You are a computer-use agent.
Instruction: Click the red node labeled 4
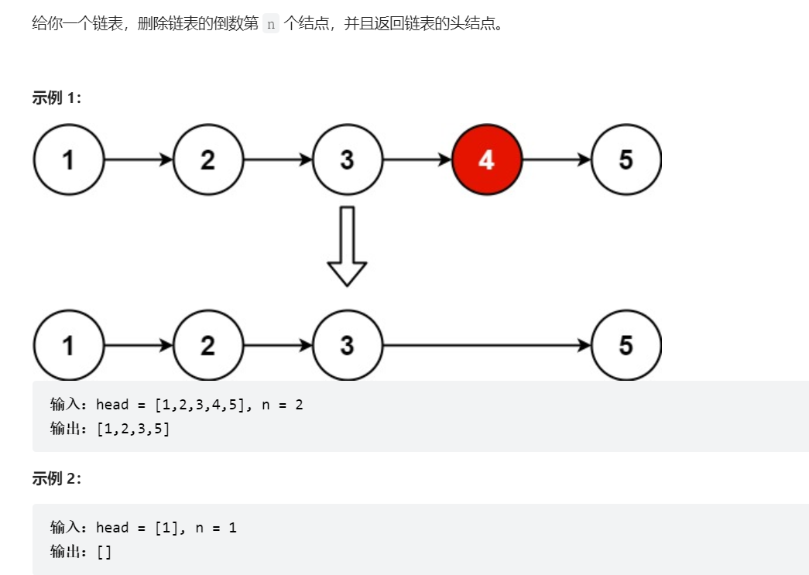coord(486,159)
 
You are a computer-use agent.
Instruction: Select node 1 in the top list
coord(68,159)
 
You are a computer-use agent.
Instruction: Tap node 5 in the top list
coord(626,159)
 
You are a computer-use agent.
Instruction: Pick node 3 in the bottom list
coord(347,345)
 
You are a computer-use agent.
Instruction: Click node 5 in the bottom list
coord(626,345)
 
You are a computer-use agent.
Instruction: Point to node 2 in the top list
coord(207,159)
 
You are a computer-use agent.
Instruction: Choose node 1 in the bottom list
coord(68,345)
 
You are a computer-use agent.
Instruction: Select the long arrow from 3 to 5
coord(486,345)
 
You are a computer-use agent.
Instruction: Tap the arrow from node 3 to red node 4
coord(416,159)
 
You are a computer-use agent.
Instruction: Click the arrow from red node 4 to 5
coord(556,159)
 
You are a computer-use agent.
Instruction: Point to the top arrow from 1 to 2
coord(138,159)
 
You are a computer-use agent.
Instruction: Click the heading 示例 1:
coord(57,98)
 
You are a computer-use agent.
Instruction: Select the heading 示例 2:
coord(57,478)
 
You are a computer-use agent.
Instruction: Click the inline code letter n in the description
coord(270,24)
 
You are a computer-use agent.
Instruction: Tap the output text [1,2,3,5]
coord(133,428)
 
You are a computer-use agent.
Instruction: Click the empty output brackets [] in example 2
coord(104,551)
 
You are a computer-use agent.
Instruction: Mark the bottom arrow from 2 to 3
coord(277,345)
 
